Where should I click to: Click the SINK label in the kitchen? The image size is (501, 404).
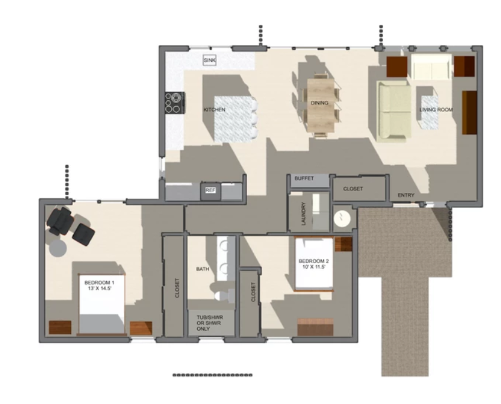(x=209, y=60)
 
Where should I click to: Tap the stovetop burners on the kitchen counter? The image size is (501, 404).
(x=175, y=103)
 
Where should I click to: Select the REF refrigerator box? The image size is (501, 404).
(x=210, y=190)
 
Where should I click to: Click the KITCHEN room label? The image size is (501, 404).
(x=214, y=110)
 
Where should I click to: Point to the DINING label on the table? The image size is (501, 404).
(x=319, y=103)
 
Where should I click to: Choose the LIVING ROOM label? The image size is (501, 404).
(x=436, y=110)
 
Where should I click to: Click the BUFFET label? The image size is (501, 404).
(x=304, y=178)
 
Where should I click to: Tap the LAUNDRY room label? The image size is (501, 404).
(x=303, y=214)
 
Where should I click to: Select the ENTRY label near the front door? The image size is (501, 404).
(x=406, y=195)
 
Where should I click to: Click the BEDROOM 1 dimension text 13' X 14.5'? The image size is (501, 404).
(x=99, y=288)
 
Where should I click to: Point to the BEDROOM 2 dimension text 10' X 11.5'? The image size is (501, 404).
(x=314, y=267)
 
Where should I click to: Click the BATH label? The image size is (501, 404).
(x=202, y=269)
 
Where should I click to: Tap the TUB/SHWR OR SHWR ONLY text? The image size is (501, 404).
(x=209, y=323)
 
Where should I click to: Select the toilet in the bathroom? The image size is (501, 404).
(x=223, y=295)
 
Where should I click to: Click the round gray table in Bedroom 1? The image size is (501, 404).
(x=58, y=248)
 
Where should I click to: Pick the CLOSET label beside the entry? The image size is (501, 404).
(x=353, y=189)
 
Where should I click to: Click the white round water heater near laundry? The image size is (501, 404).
(x=342, y=218)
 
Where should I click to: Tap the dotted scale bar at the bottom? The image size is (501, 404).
(x=212, y=375)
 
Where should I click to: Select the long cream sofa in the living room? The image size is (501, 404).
(x=394, y=111)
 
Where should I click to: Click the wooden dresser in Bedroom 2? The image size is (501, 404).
(x=315, y=327)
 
